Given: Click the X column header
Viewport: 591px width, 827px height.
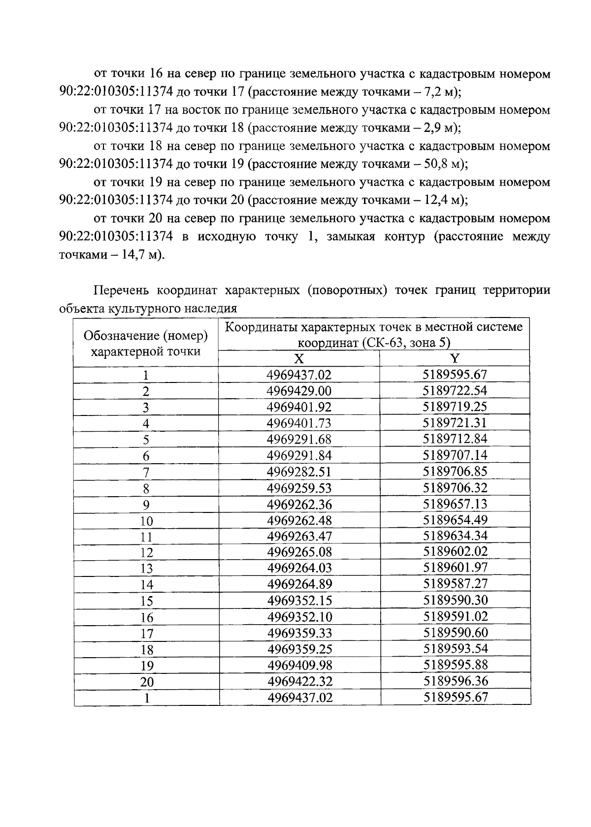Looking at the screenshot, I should coord(299,358).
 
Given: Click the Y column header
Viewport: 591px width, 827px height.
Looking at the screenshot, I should coord(455,358).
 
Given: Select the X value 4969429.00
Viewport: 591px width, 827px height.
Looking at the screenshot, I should coord(299,391).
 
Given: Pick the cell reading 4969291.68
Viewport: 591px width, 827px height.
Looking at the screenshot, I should coord(299,439).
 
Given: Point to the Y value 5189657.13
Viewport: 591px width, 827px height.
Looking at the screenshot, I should coord(455,504).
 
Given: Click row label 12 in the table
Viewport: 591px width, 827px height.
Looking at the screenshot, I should coord(146,553).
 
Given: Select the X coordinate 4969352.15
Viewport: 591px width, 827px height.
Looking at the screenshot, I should coord(299,601).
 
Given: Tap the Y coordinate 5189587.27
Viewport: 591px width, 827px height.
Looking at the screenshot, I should coord(455,584).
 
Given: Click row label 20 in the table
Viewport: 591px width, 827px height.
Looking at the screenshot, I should coord(146,682).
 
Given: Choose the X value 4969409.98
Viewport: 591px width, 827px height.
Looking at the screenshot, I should coord(299,666).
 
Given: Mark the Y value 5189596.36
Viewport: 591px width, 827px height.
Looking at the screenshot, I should coord(455,682).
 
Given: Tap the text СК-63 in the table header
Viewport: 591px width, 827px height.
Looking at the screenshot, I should coord(382,343).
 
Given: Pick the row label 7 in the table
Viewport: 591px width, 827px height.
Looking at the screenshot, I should coord(146,472).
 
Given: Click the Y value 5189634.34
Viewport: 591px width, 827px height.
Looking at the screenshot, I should coord(455,536).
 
